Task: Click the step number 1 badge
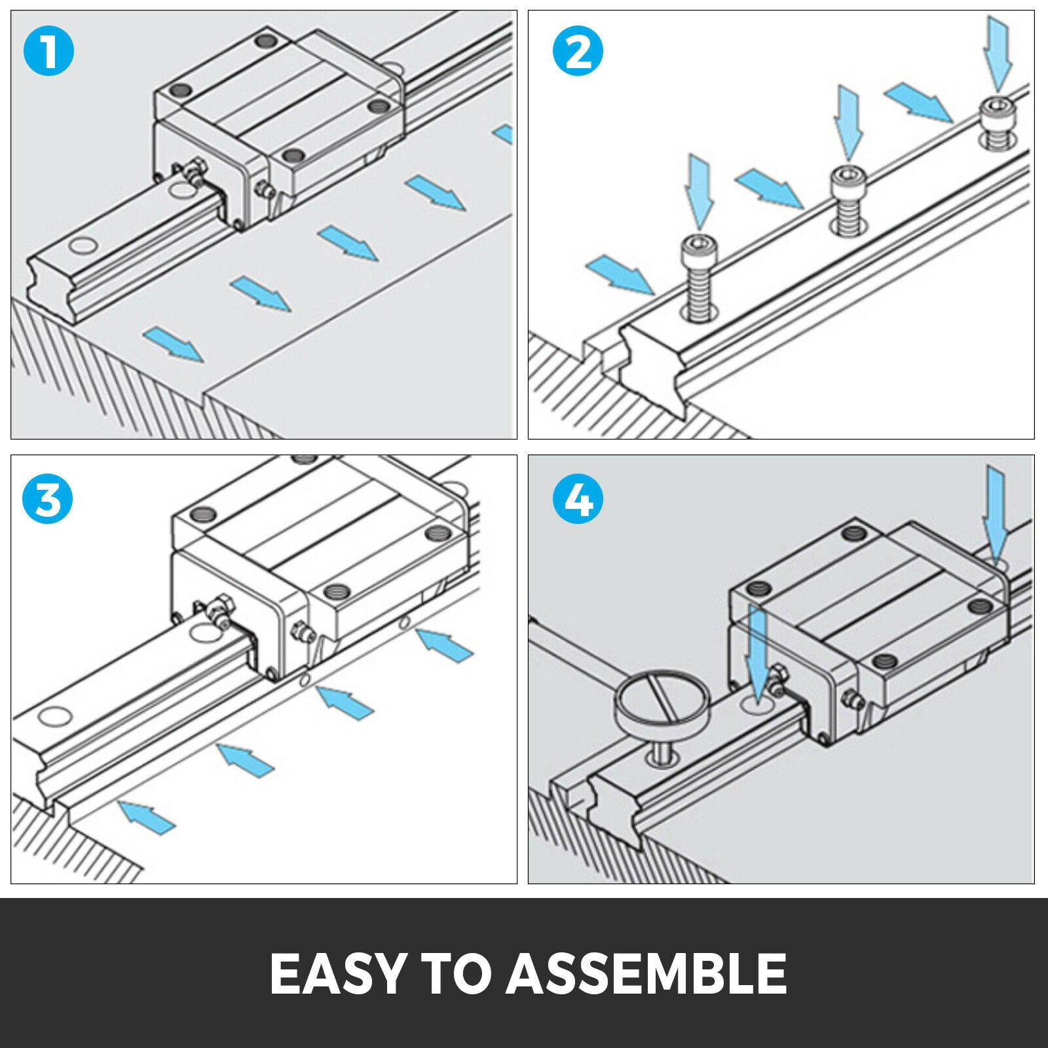point(49,51)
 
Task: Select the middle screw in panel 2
point(848,193)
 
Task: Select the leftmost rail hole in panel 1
point(83,246)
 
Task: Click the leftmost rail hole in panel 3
point(54,716)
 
